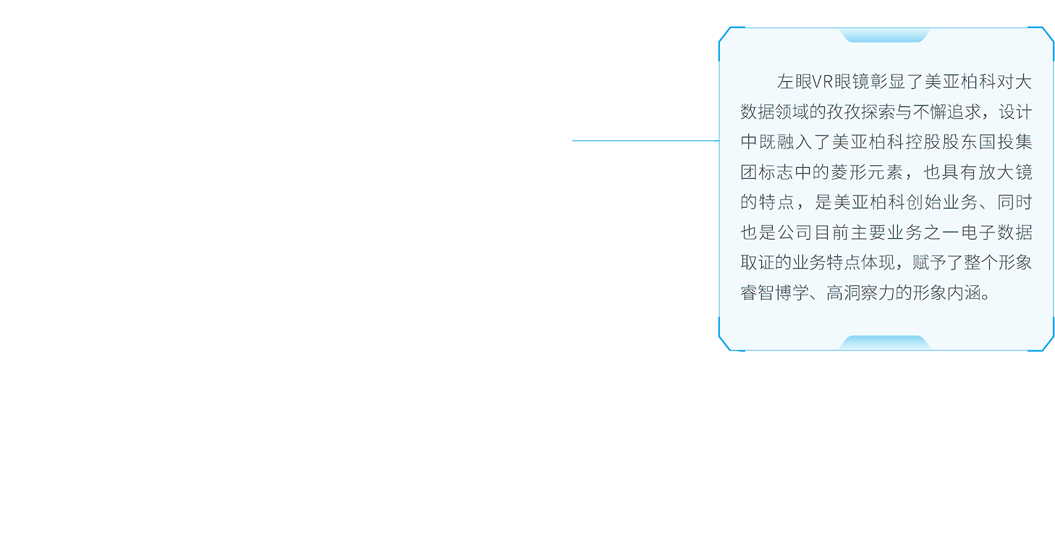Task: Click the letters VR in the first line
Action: click(823, 82)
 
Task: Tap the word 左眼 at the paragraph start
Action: click(795, 82)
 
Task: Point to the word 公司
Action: click(795, 232)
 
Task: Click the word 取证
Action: click(758, 263)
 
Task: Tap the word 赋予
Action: click(929, 263)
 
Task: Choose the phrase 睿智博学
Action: click(775, 292)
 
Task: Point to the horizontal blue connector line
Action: click(645, 140)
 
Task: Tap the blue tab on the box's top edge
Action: click(884, 35)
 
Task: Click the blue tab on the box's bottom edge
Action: click(884, 342)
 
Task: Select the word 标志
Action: click(776, 172)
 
